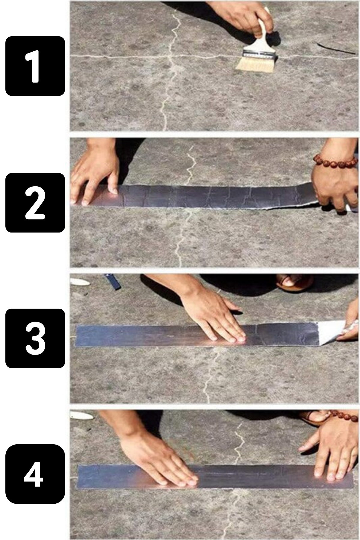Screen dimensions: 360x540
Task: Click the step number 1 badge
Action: [35, 66]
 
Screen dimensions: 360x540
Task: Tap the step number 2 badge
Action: [35, 203]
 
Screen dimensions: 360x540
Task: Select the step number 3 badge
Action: [35, 338]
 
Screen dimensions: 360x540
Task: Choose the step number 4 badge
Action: [35, 474]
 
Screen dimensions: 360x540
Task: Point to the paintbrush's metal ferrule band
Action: [260, 54]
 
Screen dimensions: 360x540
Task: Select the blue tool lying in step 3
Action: [113, 281]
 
